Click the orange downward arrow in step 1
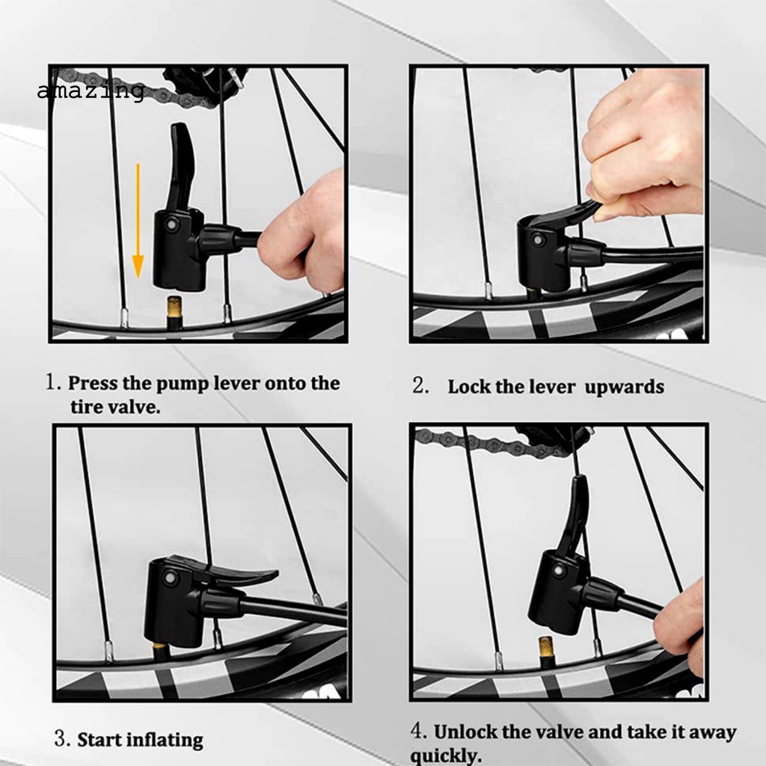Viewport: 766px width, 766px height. tap(138, 221)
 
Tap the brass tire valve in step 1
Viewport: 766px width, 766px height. tap(174, 312)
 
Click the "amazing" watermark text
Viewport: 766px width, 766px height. tap(91, 91)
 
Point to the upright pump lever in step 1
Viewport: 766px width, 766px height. tap(182, 166)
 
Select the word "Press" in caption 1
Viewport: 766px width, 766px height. tap(92, 384)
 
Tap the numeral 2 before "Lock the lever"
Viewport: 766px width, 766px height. tap(420, 385)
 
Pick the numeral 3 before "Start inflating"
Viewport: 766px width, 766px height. tap(61, 738)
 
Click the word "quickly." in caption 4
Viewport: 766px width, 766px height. tap(446, 756)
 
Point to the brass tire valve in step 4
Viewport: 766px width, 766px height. tap(545, 652)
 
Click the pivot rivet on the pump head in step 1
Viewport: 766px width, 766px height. tap(171, 224)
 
